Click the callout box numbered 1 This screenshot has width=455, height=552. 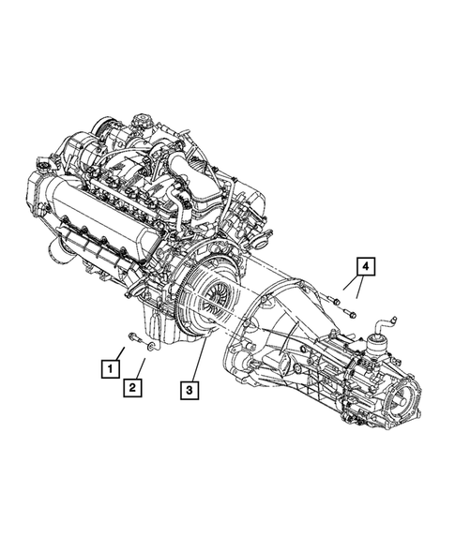111,367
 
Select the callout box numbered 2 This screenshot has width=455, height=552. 135,386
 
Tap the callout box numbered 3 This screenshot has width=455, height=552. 190,387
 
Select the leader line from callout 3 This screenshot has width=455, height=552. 198,362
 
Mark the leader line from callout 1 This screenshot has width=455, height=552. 120,351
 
